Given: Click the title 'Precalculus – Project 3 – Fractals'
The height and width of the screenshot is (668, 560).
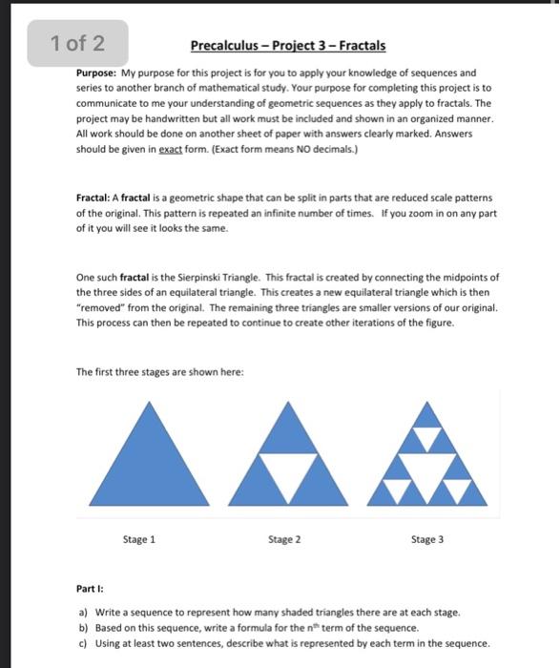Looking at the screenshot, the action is pyautogui.click(x=287, y=46).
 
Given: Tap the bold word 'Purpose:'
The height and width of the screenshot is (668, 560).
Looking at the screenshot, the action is pyautogui.click(x=96, y=73).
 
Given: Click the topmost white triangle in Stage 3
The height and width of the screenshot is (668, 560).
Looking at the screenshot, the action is pyautogui.click(x=427, y=440).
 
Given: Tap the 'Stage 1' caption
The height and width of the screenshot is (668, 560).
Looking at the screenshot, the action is pyautogui.click(x=139, y=539).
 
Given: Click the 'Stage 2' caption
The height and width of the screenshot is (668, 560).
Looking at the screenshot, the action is pyautogui.click(x=284, y=539).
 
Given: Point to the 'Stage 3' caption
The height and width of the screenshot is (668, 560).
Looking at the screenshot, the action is pyautogui.click(x=427, y=539).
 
